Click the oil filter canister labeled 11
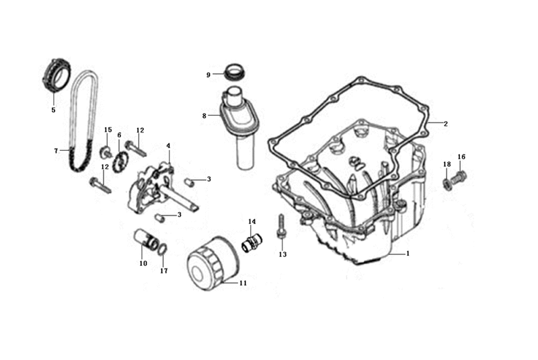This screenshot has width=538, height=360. [213, 264]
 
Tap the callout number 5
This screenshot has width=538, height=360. [53, 110]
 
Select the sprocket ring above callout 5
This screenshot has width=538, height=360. [57, 75]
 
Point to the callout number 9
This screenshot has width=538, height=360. [208, 75]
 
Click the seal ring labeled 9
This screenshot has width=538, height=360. [234, 73]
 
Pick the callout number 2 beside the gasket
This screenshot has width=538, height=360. [446, 124]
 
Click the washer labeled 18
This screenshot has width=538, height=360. [447, 184]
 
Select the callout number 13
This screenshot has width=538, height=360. [282, 254]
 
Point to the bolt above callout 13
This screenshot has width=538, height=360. [281, 227]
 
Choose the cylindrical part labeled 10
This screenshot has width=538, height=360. [146, 239]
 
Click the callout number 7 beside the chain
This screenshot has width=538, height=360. [56, 151]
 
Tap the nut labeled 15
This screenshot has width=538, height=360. [106, 152]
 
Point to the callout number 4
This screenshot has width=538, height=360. [168, 146]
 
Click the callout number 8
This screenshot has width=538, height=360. [204, 116]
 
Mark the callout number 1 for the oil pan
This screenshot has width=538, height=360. [408, 254]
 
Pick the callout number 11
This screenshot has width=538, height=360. [243, 283]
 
